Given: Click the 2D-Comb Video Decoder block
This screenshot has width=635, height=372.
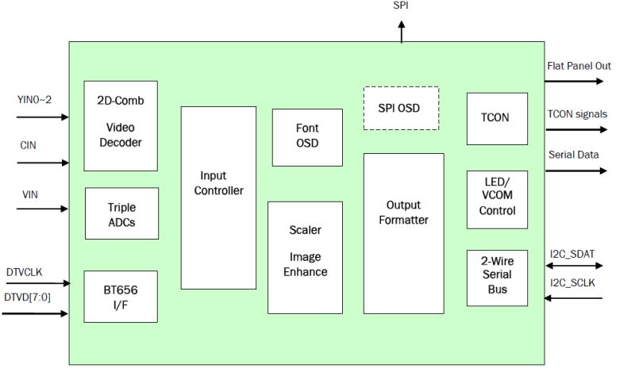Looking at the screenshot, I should [x=121, y=125].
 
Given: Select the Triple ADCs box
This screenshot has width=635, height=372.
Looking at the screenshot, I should [x=121, y=214].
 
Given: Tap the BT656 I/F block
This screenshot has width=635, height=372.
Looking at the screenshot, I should [x=121, y=296].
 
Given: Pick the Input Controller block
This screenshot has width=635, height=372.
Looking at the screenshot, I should [x=218, y=198].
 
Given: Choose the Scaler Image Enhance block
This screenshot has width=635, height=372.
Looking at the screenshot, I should [x=305, y=257].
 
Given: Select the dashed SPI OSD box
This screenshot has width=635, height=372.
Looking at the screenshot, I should [x=401, y=108].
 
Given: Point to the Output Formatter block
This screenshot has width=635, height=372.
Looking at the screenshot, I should [x=403, y=233].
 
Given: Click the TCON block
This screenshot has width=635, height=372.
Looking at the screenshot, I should [x=495, y=118].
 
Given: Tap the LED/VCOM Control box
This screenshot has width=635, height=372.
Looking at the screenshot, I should [x=497, y=198].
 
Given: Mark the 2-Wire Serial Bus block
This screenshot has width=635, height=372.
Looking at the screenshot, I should [x=497, y=278].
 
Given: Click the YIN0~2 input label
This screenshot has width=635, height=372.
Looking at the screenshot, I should [x=34, y=99].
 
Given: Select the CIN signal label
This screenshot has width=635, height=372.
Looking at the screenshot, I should [x=28, y=146].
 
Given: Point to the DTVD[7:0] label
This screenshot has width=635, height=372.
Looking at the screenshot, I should [x=28, y=297].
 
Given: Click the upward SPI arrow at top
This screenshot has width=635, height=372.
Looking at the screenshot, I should [x=401, y=31].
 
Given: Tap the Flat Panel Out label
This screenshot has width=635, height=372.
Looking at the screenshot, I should [x=579, y=66].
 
